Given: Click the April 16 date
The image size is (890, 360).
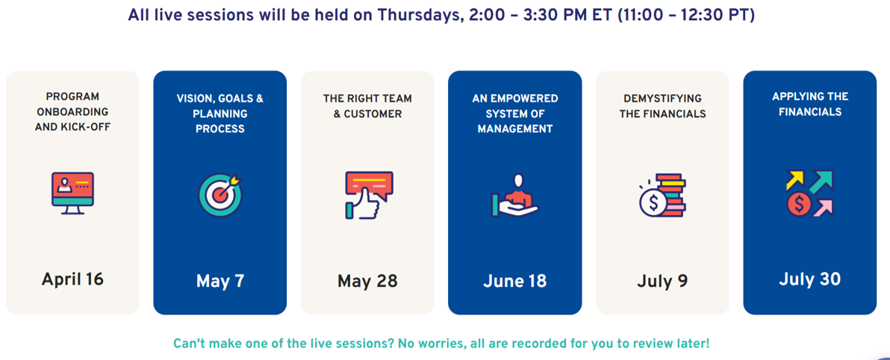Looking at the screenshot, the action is (72, 279).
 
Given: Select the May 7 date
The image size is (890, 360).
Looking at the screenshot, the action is (220, 281).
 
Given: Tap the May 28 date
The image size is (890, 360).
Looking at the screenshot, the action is (367, 281).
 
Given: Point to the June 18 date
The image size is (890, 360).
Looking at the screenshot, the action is (515, 281).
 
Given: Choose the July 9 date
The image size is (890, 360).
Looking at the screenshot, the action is (662, 281).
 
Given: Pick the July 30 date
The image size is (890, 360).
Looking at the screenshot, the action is (809, 279).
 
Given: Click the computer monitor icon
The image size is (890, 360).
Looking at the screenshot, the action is (72, 193).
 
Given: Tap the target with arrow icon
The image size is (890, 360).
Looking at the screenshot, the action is (220, 195).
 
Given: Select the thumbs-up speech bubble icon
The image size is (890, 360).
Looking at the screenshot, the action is (368, 195).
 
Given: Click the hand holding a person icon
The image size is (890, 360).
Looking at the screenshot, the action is (515, 196).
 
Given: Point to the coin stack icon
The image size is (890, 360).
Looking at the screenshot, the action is (662, 195).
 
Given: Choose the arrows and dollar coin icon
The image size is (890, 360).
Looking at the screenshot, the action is (809, 193).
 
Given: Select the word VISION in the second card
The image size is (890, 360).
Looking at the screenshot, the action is (193, 99).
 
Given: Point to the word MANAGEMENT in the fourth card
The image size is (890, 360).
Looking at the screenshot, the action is (515, 129).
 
